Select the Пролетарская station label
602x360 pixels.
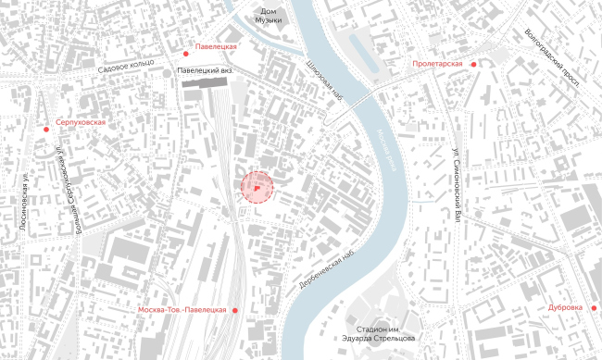coord(438,64)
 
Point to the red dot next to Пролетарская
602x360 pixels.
coord(473,64)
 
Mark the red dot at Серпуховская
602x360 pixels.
coord(46,129)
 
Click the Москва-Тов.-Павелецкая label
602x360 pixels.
coord(181,309)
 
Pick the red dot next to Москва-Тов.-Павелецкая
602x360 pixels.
coord(235,310)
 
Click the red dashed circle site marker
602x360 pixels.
coord(258,188)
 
